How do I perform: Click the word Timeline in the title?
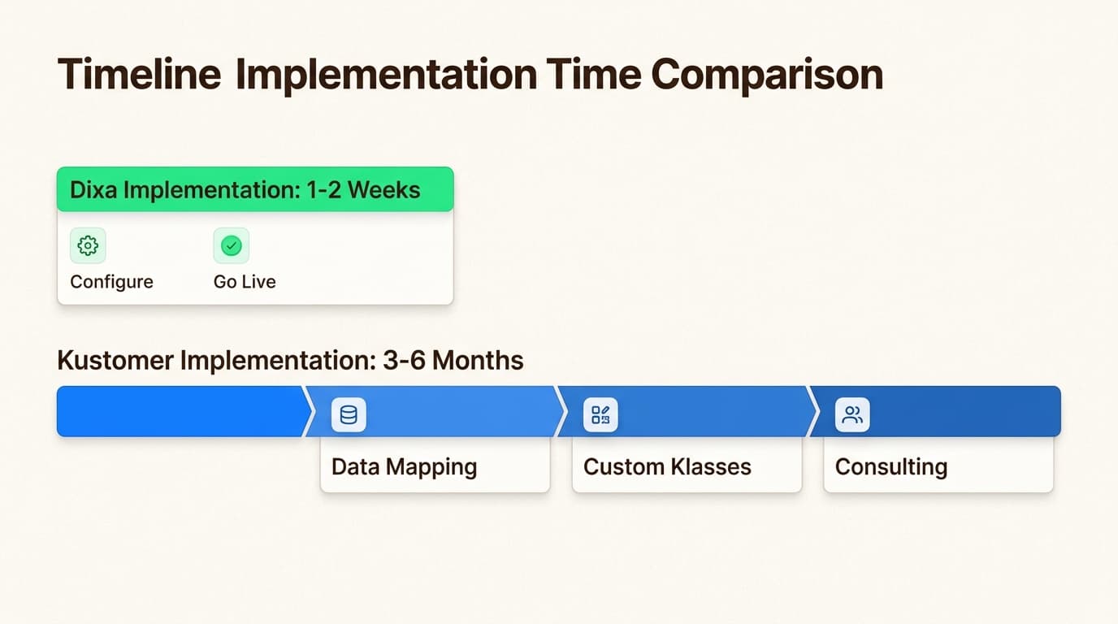(x=139, y=74)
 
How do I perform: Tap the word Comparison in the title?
(x=767, y=76)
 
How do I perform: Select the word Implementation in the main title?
(x=386, y=76)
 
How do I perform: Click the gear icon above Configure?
(x=88, y=245)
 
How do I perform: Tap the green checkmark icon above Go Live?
(x=231, y=245)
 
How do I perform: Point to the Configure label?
(x=112, y=282)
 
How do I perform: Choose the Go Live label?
(x=245, y=282)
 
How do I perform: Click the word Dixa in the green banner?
(x=93, y=190)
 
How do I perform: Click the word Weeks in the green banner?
(x=383, y=190)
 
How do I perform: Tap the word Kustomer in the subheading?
(x=115, y=360)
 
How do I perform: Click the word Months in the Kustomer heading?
(x=478, y=360)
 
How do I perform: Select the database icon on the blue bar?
(x=349, y=415)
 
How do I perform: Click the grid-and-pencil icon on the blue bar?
(x=600, y=415)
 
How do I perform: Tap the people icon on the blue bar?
(x=852, y=415)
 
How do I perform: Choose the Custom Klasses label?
(x=667, y=467)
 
